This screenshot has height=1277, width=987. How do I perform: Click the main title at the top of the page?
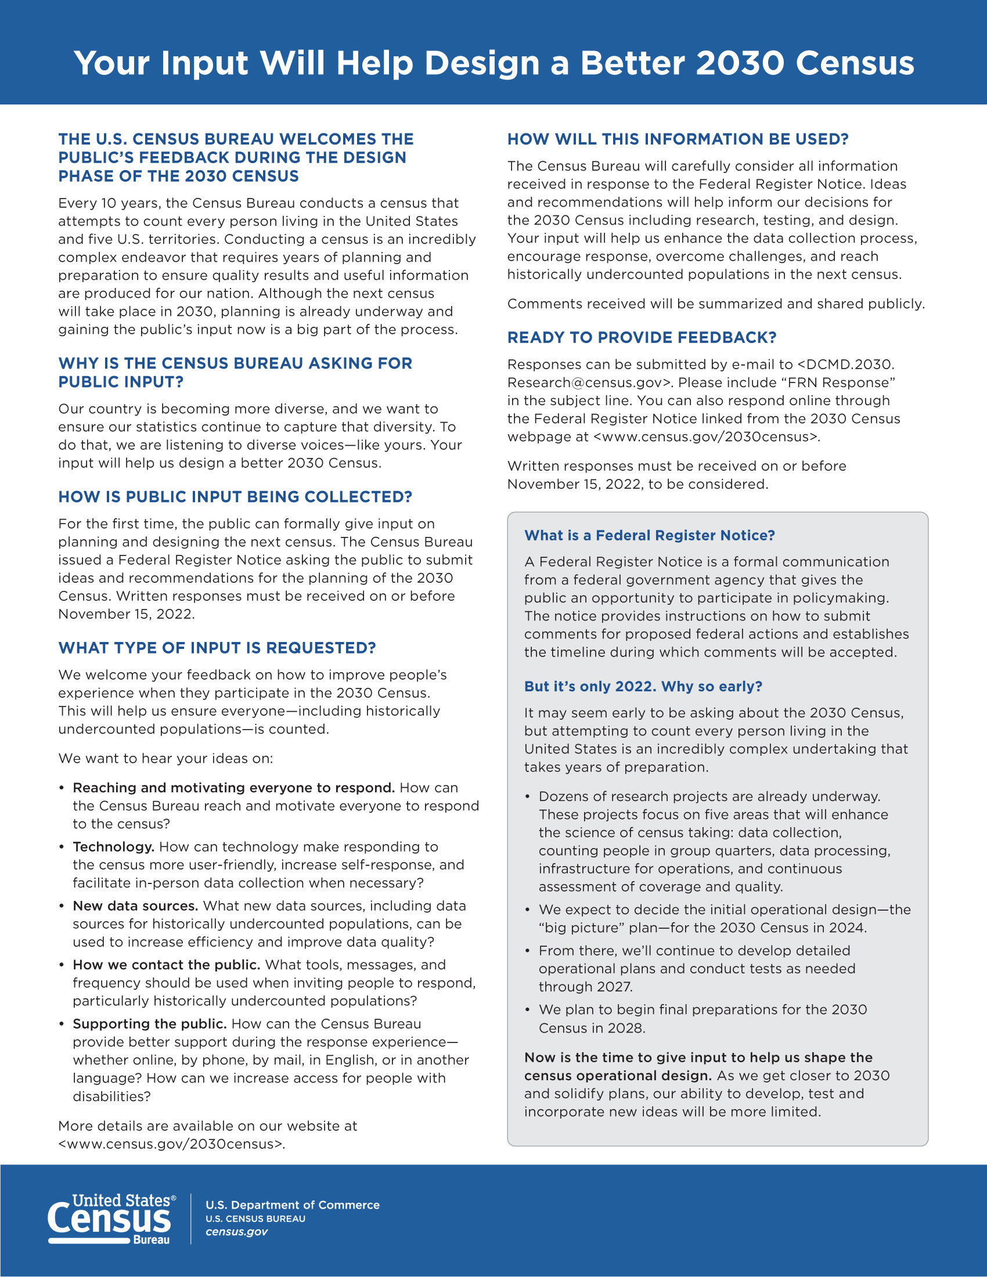493,63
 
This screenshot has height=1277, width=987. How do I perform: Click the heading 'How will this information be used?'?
677,139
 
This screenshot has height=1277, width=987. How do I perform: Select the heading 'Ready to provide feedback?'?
642,337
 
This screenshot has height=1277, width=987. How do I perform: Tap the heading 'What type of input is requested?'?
217,648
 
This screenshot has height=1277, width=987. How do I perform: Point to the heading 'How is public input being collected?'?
235,497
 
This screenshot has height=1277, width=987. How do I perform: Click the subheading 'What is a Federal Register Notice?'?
649,536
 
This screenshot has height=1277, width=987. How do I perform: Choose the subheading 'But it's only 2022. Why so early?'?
643,687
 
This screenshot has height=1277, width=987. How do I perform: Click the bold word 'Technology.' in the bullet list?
113,847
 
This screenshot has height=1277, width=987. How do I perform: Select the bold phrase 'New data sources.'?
135,906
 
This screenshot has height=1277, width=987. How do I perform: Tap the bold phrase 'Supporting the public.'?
149,1024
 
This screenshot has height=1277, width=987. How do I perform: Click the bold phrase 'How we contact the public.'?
166,965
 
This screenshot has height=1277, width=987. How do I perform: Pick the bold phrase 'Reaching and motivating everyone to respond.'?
233,788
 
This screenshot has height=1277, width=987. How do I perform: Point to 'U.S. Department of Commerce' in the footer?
293,1205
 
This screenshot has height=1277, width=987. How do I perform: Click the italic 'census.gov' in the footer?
236,1232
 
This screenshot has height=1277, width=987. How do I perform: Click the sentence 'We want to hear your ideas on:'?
165,759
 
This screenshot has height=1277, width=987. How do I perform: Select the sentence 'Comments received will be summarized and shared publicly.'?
716,304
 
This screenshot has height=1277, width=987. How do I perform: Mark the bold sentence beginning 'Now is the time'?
698,1058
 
